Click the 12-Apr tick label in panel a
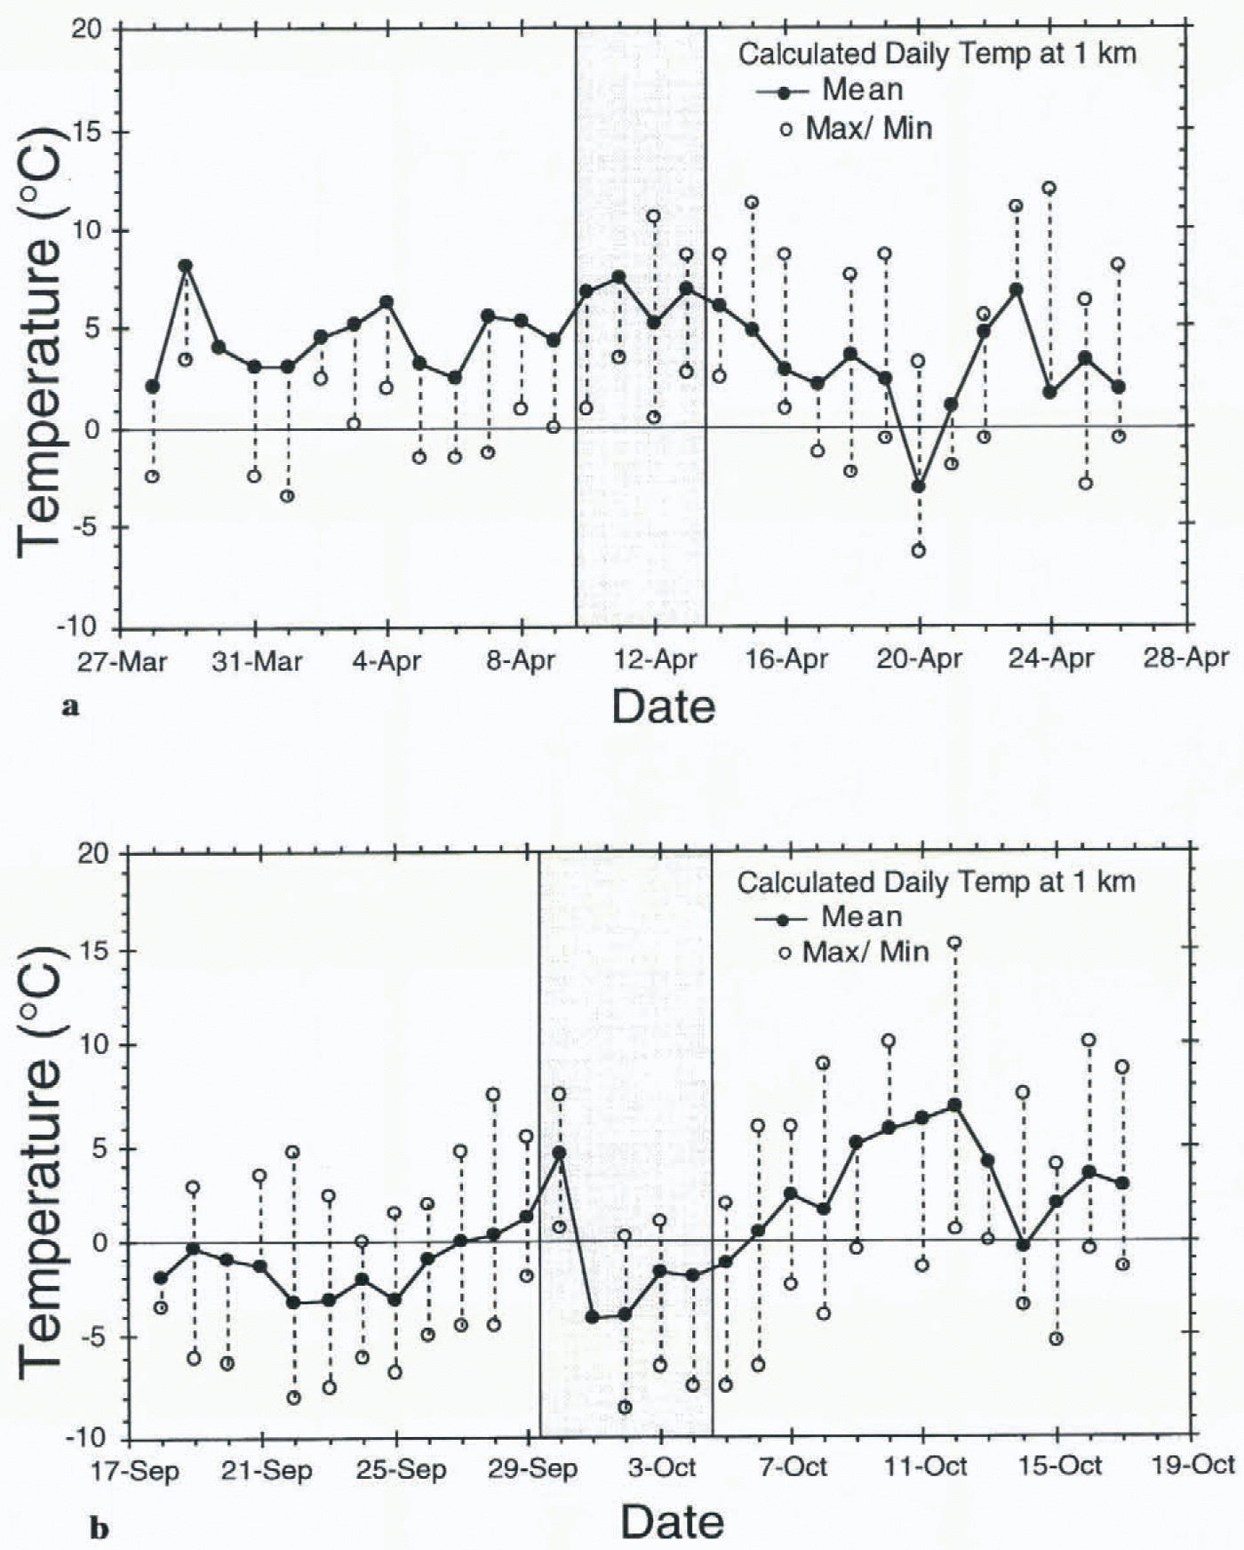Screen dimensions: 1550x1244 click(x=655, y=660)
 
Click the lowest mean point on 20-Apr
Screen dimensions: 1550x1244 click(x=918, y=486)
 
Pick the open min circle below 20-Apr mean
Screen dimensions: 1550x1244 click(x=918, y=551)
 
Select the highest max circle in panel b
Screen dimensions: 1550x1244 click(x=954, y=943)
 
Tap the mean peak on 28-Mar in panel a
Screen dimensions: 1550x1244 click(x=185, y=265)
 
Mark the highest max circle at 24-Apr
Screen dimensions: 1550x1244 click(x=1049, y=188)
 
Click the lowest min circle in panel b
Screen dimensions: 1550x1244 click(x=625, y=1407)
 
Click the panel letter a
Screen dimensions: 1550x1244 click(x=71, y=707)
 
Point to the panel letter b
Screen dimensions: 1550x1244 click(x=100, y=1530)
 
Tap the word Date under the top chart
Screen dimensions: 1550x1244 click(x=663, y=707)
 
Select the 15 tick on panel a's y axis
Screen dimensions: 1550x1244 click(x=94, y=132)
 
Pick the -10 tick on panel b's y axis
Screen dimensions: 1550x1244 click(x=92, y=1438)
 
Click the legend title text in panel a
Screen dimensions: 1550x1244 click(x=937, y=53)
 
